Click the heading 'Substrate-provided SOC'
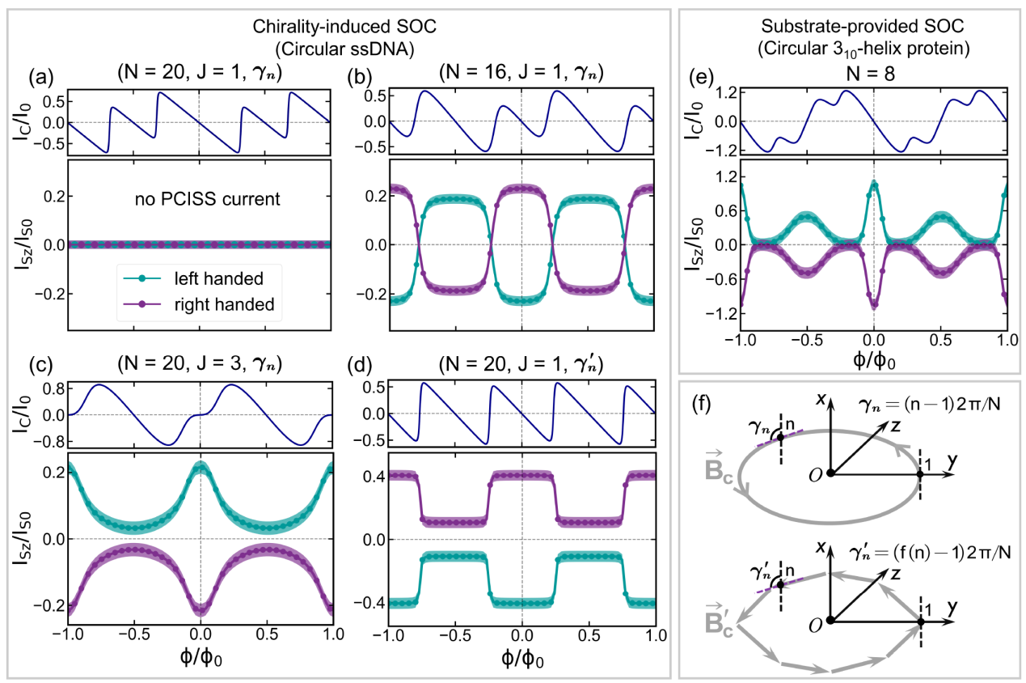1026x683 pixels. pos(846,25)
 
